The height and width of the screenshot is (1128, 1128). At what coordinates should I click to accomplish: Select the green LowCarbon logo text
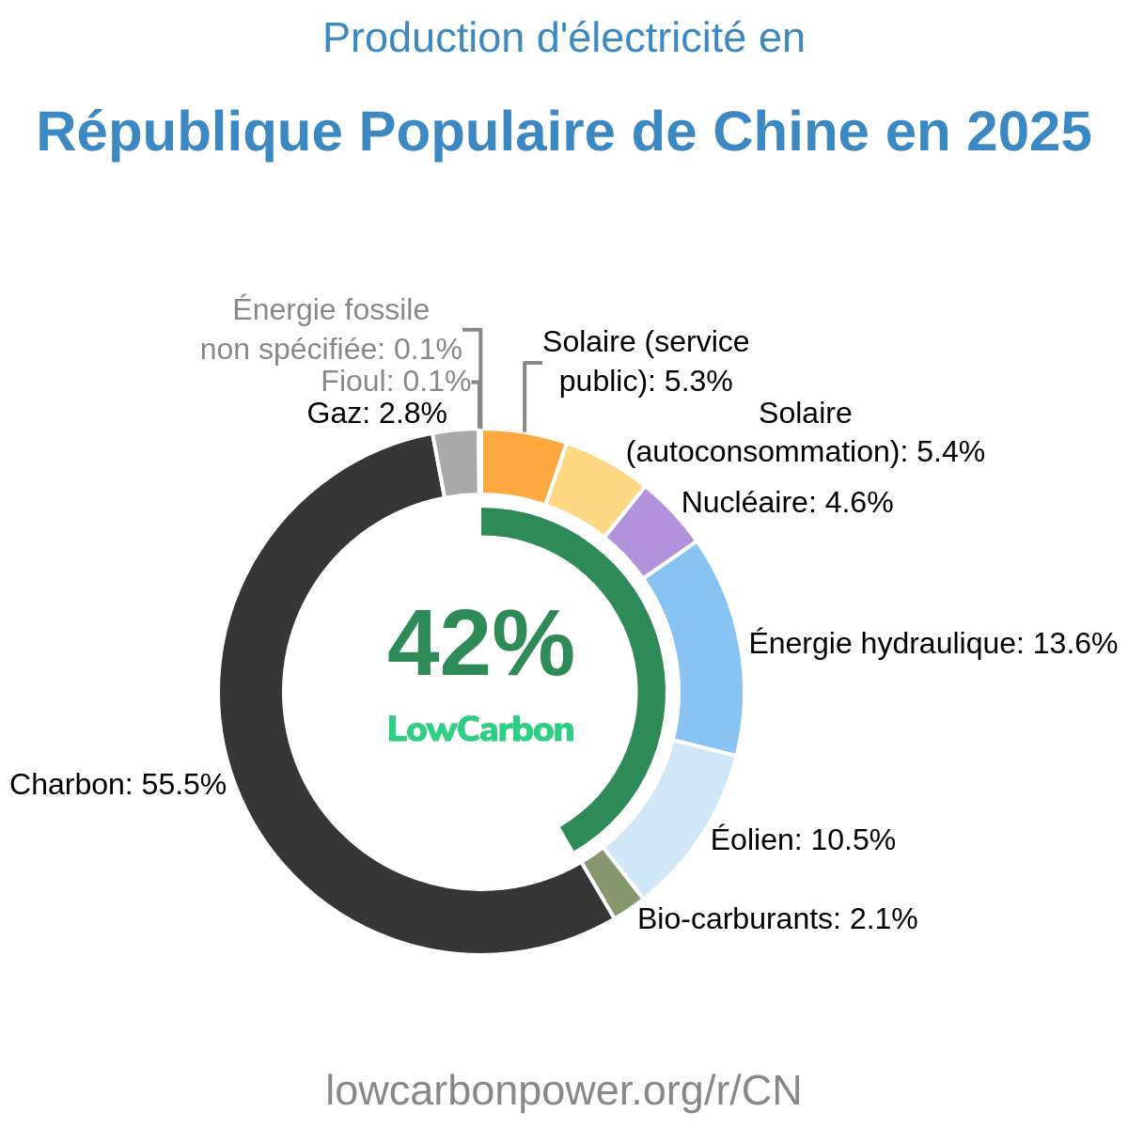pyautogui.click(x=480, y=729)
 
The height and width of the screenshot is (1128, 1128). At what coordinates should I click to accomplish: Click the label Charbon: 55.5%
pyautogui.click(x=117, y=784)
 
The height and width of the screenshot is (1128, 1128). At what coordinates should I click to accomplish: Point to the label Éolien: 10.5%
pyautogui.click(x=803, y=839)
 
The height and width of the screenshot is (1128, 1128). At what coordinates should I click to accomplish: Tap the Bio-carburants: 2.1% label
pyautogui.click(x=777, y=918)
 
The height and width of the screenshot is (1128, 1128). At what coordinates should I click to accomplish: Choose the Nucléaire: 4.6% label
pyautogui.click(x=787, y=503)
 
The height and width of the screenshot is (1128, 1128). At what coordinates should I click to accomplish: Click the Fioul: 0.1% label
pyautogui.click(x=395, y=382)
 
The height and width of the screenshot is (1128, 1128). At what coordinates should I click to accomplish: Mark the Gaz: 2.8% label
pyautogui.click(x=377, y=413)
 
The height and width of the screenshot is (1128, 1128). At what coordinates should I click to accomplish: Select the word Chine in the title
pyautogui.click(x=799, y=132)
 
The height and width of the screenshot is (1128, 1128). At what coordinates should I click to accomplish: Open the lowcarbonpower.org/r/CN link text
pyautogui.click(x=564, y=1090)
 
